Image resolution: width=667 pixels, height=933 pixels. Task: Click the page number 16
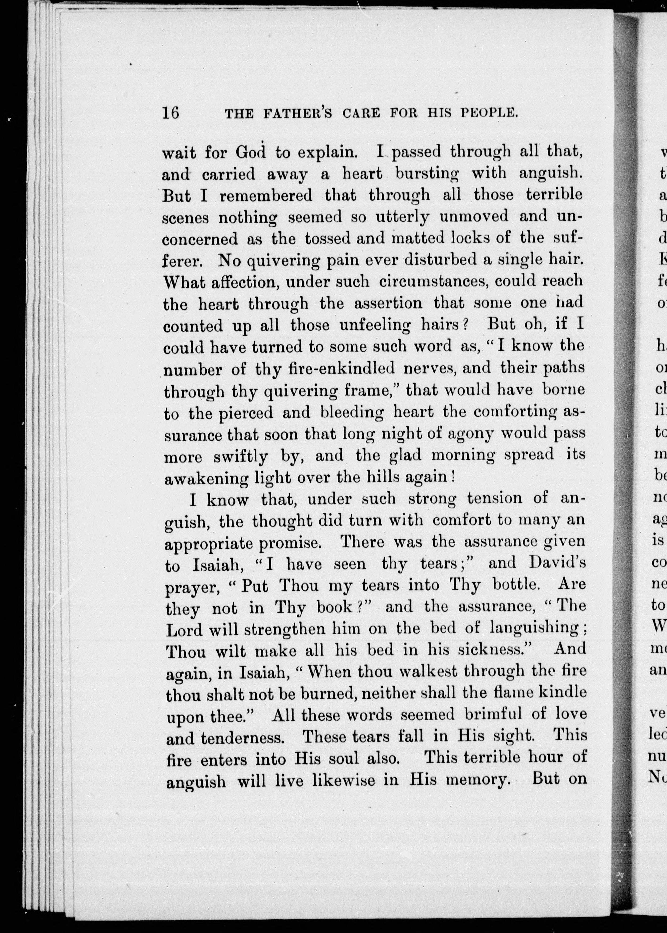pos(171,113)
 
